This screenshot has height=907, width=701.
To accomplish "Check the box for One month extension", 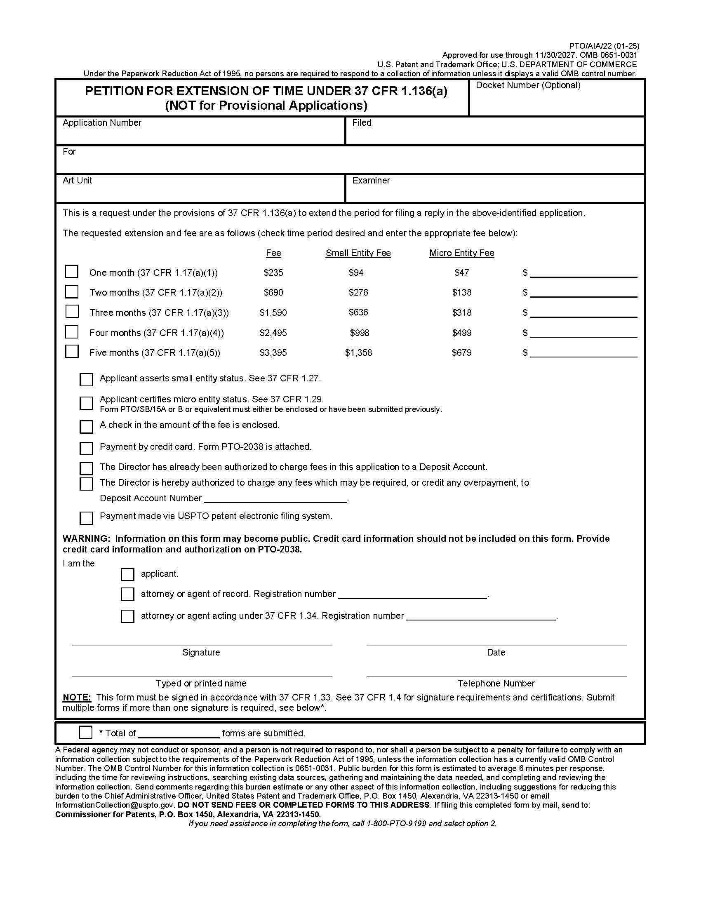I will point(71,272).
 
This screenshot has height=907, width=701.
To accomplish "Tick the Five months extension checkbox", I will point(72,351).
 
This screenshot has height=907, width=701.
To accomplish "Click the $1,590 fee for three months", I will point(273,313).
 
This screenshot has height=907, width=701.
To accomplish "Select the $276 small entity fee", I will point(358,292).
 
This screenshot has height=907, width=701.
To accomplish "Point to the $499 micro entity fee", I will point(461,333).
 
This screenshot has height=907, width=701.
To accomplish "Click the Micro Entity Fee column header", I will point(461,253).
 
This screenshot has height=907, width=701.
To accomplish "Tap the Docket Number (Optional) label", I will point(528,85).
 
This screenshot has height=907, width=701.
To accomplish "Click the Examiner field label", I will point(371,180).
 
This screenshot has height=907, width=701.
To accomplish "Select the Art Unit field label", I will point(77,180).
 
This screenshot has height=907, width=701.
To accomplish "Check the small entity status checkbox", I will point(86,380).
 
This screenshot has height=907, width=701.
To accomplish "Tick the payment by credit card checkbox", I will point(86,448).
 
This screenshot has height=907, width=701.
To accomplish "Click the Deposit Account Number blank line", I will point(275,498).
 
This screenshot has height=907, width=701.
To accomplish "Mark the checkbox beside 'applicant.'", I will point(127,574).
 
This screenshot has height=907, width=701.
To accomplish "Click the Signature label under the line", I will point(201,653).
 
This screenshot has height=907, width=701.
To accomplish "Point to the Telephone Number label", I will point(496,683).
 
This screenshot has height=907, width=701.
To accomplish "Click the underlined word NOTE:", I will point(76,697).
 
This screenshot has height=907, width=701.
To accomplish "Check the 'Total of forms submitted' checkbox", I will point(85,732).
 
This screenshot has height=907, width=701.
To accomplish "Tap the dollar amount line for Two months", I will point(583,293).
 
